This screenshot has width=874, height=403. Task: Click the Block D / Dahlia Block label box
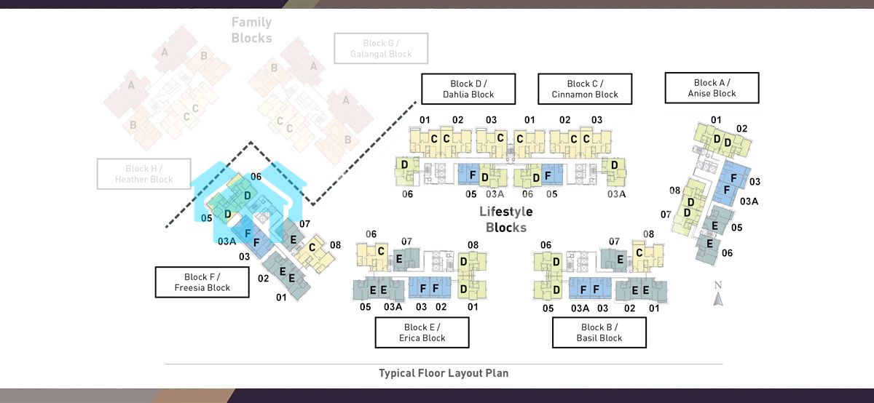(x=468, y=89)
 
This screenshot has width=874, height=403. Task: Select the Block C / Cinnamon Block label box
(x=585, y=89)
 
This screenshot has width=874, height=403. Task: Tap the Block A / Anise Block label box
(x=712, y=88)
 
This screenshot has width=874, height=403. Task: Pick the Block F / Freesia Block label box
(x=202, y=282)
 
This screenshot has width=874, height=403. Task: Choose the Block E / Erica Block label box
(x=422, y=332)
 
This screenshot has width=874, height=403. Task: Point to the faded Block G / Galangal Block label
(x=381, y=49)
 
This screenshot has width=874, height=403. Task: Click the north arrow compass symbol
(x=717, y=294)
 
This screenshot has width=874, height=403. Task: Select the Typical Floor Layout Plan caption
(x=444, y=373)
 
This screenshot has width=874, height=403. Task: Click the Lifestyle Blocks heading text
(x=506, y=220)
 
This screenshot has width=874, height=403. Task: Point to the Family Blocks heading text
(x=252, y=31)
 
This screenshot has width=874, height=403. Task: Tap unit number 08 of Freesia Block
(x=336, y=245)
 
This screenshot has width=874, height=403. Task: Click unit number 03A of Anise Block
(x=749, y=201)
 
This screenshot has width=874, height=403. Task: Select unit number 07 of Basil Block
(x=614, y=242)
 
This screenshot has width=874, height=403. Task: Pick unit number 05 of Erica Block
(x=366, y=307)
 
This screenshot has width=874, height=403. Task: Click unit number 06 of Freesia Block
(x=256, y=177)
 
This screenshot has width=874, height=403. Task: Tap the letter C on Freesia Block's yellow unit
(x=312, y=248)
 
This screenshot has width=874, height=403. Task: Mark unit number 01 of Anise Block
(x=716, y=120)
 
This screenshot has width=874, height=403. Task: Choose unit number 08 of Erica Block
(x=473, y=245)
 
